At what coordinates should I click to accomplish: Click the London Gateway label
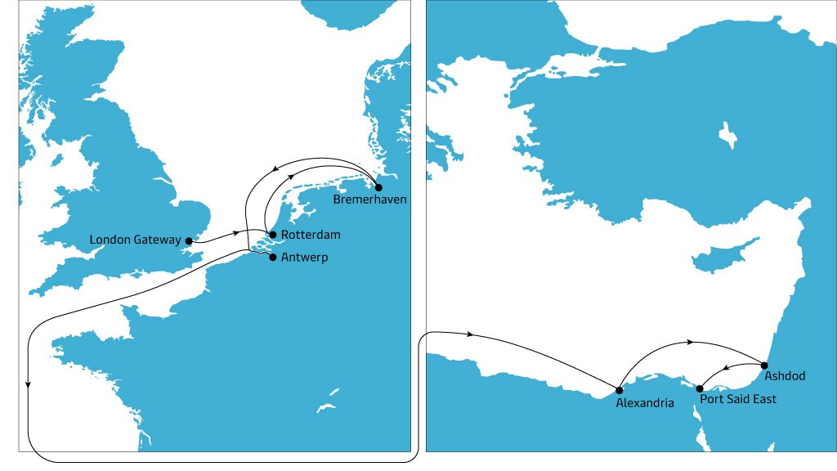click(135, 240)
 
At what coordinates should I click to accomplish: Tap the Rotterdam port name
click(310, 235)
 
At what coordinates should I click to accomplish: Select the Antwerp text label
click(305, 257)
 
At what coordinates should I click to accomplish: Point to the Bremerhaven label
click(369, 200)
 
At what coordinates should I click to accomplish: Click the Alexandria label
click(645, 403)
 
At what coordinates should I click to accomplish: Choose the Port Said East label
click(738, 399)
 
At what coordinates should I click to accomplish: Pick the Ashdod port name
click(785, 376)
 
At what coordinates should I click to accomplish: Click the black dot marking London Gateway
click(189, 240)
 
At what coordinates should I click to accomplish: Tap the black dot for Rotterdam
click(272, 235)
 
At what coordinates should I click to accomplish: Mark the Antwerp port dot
click(272, 257)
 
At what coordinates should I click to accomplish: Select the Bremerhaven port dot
click(378, 187)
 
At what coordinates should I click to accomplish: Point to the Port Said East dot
click(699, 388)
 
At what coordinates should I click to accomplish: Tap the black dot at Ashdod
click(764, 365)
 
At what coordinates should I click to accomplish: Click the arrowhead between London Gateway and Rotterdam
click(237, 233)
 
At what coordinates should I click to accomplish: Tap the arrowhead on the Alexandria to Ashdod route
click(692, 341)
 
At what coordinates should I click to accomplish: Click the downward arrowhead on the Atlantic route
click(29, 384)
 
